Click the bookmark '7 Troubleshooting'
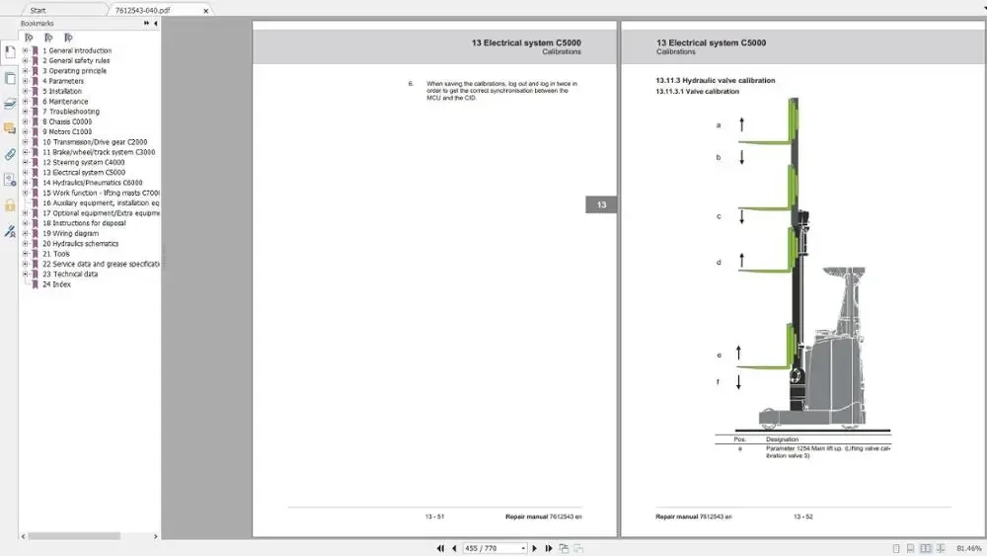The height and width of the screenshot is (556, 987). coord(71,112)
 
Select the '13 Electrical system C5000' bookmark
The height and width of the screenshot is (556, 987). coord(84,173)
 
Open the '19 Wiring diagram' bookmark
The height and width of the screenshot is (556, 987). coord(75,233)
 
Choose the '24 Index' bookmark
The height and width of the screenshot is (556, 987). coord(56,284)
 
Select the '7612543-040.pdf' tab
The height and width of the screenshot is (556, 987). coord(144,10)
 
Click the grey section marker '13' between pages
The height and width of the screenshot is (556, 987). coord(601,205)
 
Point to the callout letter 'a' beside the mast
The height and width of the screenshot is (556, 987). coord(719,125)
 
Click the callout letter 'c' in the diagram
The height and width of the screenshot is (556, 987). coord(719,216)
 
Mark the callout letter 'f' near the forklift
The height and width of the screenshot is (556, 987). coord(719,381)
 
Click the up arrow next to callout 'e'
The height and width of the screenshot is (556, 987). coord(738,354)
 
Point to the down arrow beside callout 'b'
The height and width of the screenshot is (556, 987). coord(739,157)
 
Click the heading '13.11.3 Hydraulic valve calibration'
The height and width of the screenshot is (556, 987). coord(715,80)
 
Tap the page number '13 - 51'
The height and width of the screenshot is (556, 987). coord(434,516)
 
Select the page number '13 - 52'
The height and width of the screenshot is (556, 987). coord(802,516)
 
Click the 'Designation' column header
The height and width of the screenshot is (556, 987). coord(782,438)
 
